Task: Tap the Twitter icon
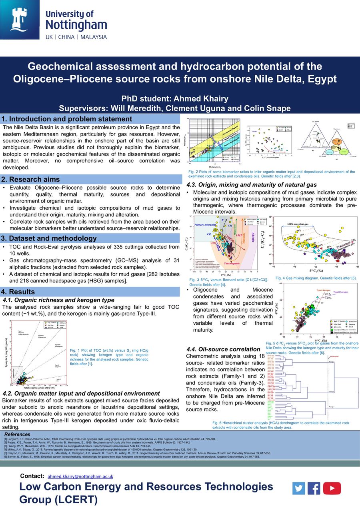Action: pos(298,488)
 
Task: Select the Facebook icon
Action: pos(314,488)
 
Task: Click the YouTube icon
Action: pos(332,488)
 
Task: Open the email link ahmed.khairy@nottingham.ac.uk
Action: pos(80,476)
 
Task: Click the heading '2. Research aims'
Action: pos(30,179)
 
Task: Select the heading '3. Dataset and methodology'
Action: pos(49,238)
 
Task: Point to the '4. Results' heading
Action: pos(18,292)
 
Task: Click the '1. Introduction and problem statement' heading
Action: pos(67,119)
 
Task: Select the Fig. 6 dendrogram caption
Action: pos(280,425)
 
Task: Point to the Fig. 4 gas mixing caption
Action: pos(316,278)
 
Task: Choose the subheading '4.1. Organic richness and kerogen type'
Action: pos(58,300)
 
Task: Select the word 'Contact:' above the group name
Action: pos(32,476)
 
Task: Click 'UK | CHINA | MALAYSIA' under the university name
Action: pos(76,37)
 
